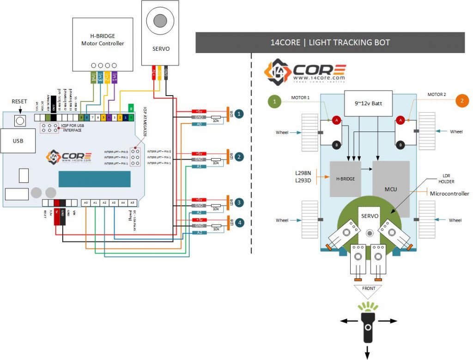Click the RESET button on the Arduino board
(19, 120)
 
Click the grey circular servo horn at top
(160, 21)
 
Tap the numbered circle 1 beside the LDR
(238, 113)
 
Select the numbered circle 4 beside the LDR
(238, 222)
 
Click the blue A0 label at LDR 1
(198, 124)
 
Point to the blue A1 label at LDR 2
(198, 166)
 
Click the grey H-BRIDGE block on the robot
(346, 179)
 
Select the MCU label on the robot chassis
(391, 189)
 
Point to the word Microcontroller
(449, 193)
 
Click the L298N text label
(303, 172)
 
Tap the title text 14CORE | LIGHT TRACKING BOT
(330, 42)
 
